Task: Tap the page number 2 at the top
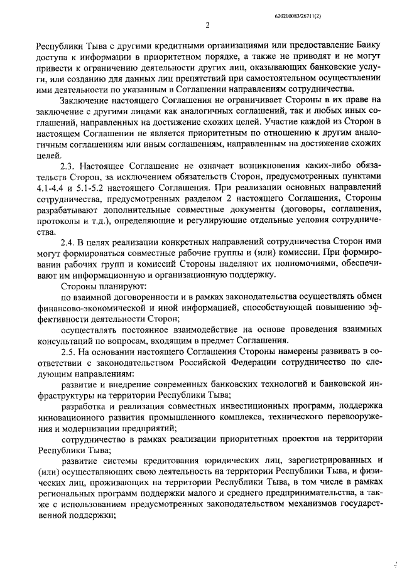[x=208, y=25]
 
